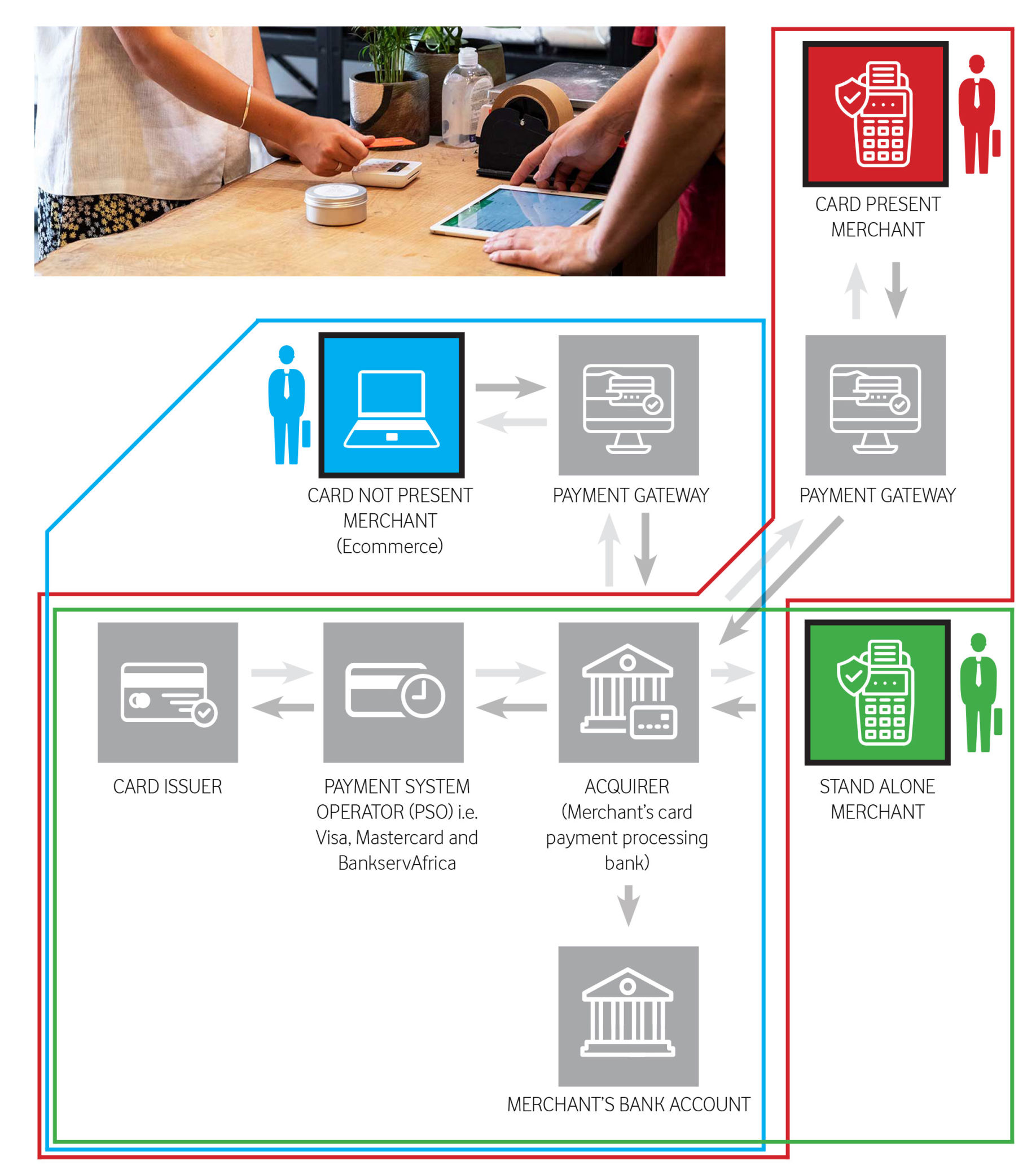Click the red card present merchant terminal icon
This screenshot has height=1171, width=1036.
pyautogui.click(x=875, y=114)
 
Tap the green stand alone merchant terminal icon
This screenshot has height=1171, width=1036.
pyautogui.click(x=877, y=692)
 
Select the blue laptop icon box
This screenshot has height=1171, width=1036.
pyautogui.click(x=392, y=405)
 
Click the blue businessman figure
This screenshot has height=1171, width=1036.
pyautogui.click(x=288, y=405)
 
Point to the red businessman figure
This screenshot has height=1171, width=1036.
pyautogui.click(x=977, y=115)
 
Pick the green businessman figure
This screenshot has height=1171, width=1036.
pyautogui.click(x=979, y=693)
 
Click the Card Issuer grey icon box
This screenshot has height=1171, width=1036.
pyautogui.click(x=168, y=692)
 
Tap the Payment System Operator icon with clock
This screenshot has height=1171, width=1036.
pyautogui.click(x=393, y=692)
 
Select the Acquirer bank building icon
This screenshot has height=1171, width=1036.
pyautogui.click(x=629, y=692)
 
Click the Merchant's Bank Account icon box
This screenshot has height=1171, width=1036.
pyautogui.click(x=629, y=1016)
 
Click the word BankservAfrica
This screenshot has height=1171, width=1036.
pyautogui.click(x=397, y=864)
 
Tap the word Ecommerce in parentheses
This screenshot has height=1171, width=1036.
pyautogui.click(x=390, y=546)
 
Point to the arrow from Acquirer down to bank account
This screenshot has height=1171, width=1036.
pyautogui.click(x=629, y=905)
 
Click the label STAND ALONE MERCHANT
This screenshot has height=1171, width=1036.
pyautogui.click(x=877, y=799)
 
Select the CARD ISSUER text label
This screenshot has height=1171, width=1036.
pyautogui.click(x=168, y=786)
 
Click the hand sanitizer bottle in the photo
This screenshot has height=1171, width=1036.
pyautogui.click(x=466, y=98)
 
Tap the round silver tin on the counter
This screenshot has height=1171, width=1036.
pyautogui.click(x=336, y=204)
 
